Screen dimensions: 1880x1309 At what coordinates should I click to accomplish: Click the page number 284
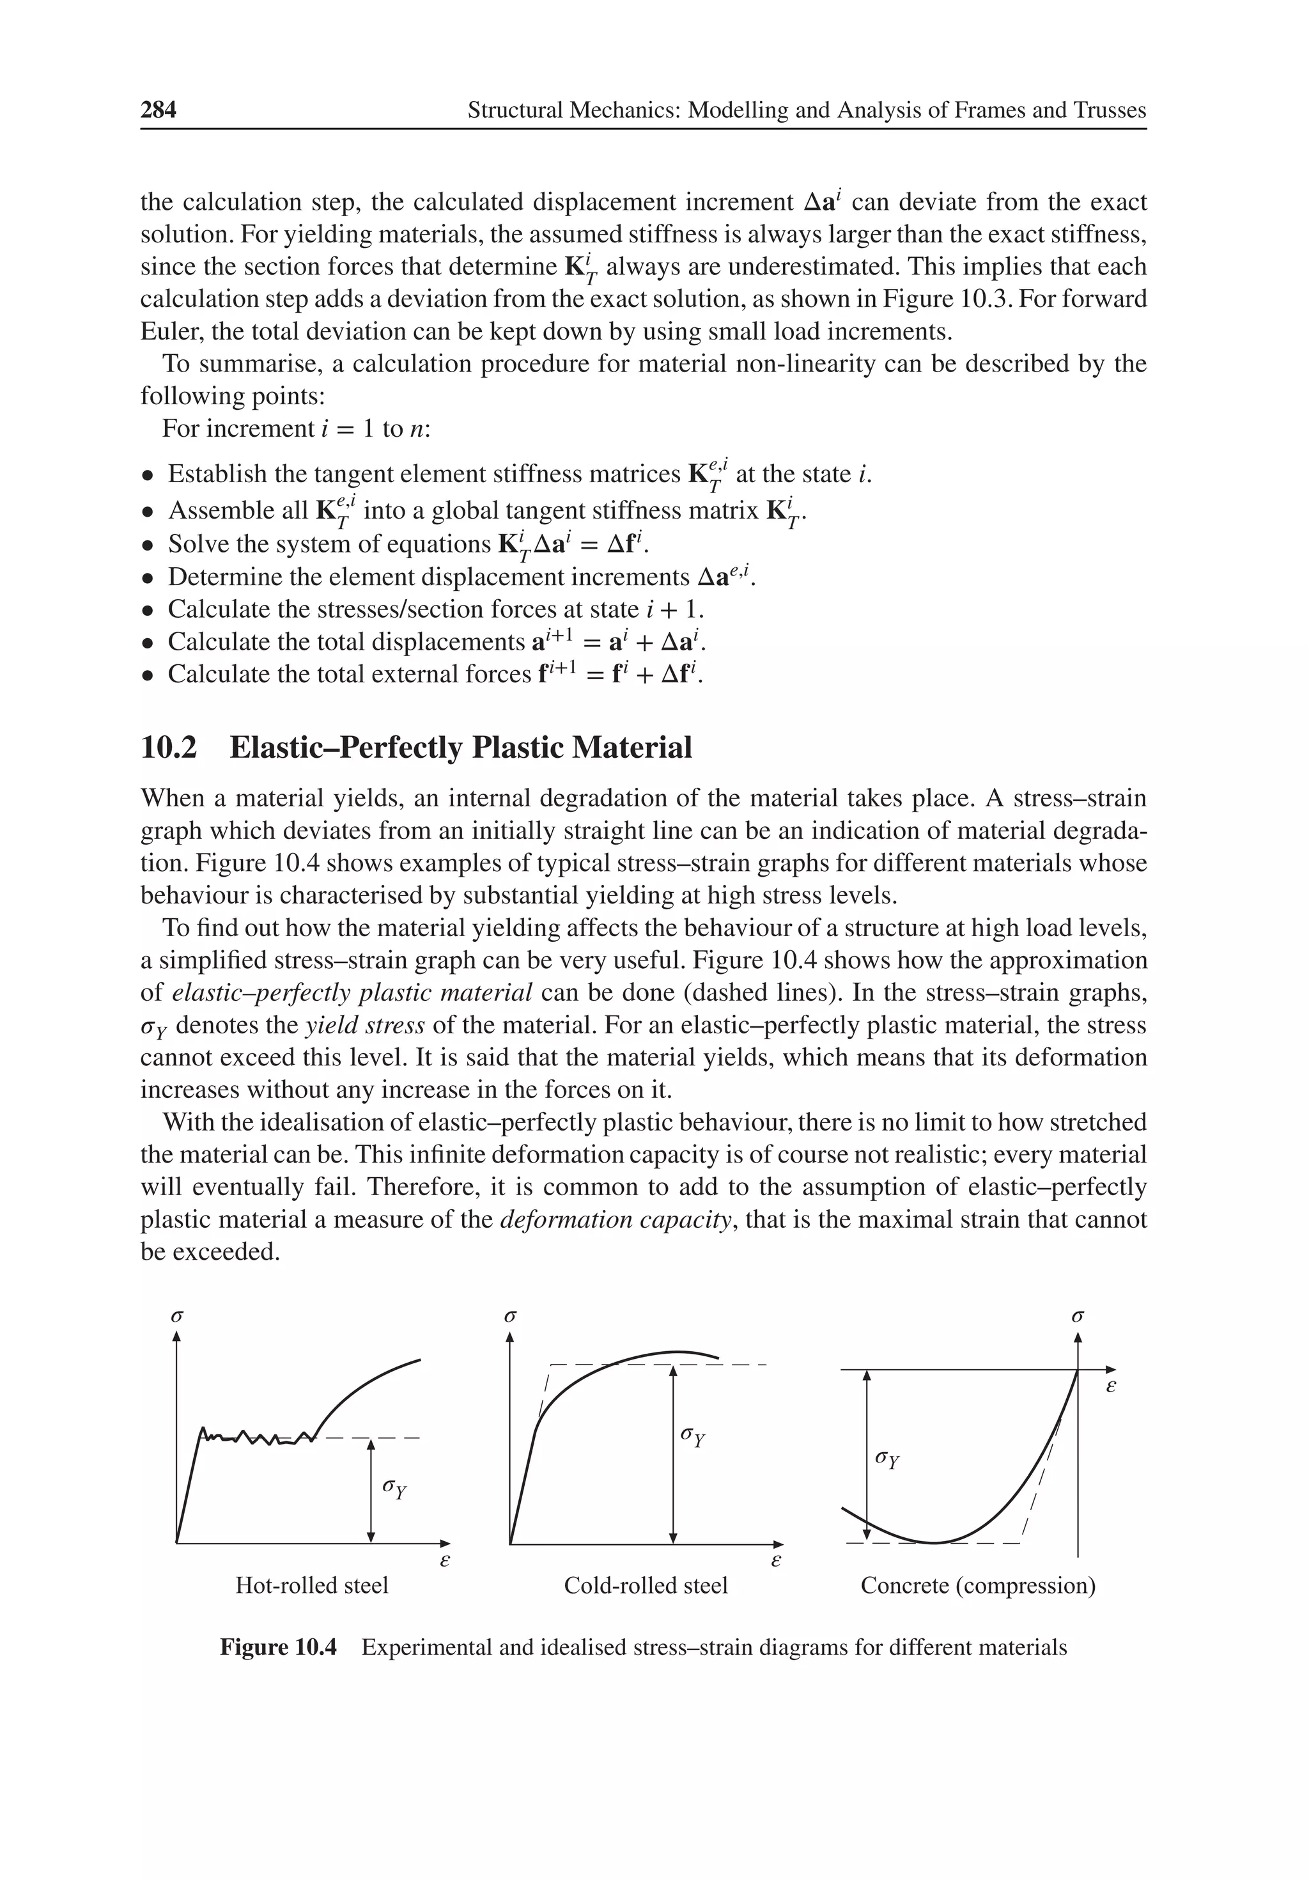(158, 110)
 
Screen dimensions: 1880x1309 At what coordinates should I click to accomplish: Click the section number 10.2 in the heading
(169, 748)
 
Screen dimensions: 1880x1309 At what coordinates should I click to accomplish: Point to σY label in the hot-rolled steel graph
(394, 1488)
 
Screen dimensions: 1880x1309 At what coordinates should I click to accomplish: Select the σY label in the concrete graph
(887, 1459)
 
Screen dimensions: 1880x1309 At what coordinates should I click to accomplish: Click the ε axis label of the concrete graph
(1111, 1387)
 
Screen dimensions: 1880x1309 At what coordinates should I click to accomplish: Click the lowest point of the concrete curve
(933, 1542)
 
